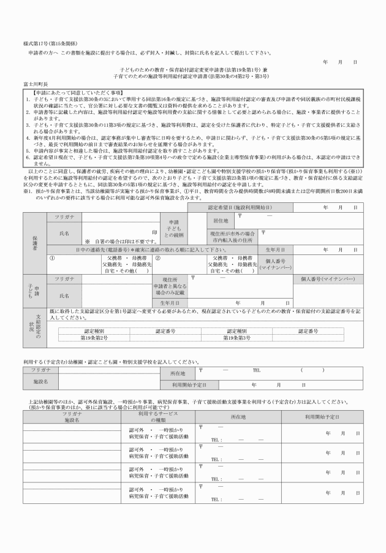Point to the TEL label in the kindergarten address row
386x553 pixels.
click(257, 370)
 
